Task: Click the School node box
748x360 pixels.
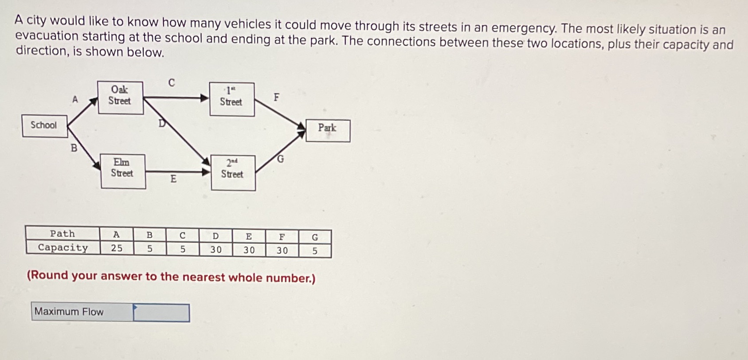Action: click(x=44, y=125)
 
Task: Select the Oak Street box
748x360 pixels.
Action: click(x=120, y=98)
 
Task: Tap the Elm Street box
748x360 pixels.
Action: click(x=123, y=171)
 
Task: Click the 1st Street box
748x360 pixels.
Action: click(x=231, y=99)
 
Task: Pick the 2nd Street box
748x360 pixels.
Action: click(x=233, y=172)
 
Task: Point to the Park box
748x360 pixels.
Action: click(x=328, y=130)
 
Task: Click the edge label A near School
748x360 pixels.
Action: click(x=75, y=99)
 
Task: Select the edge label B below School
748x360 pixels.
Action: click(x=74, y=148)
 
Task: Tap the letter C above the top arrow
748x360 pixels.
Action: click(x=172, y=82)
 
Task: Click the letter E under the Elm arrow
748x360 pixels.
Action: click(x=173, y=179)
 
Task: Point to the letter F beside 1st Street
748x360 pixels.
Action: click(x=277, y=97)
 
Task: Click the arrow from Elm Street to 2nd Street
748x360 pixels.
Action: click(x=177, y=172)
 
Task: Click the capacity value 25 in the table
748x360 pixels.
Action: click(x=117, y=248)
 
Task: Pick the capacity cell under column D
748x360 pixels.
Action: click(x=216, y=250)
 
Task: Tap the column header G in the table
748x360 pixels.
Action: click(x=315, y=237)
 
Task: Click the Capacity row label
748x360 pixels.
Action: click(x=63, y=247)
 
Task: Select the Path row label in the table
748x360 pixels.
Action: click(x=63, y=234)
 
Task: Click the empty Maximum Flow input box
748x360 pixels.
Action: click(x=161, y=313)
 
